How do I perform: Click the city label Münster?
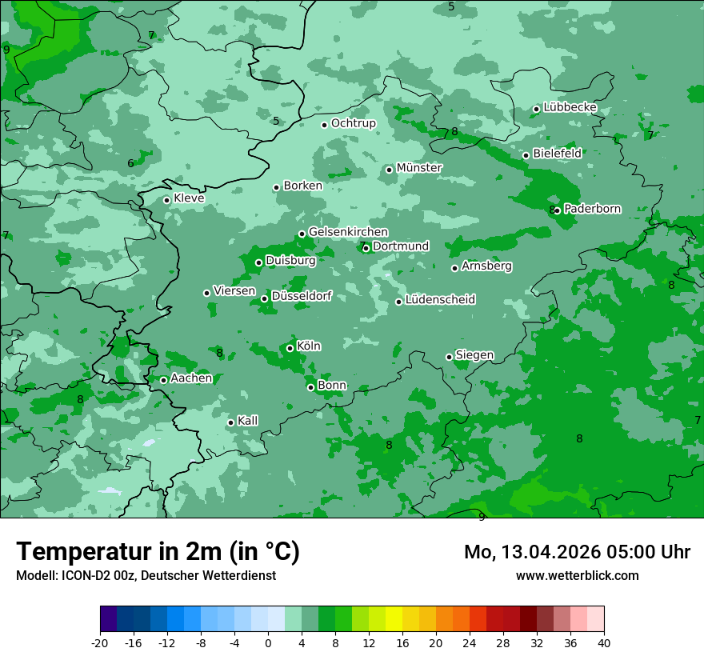(419, 168)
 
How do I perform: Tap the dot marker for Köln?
(290, 348)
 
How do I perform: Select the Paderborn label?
(592, 209)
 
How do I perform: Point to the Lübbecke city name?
(570, 107)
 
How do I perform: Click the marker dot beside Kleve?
(166, 200)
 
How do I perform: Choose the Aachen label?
(191, 378)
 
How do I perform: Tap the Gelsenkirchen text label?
(348, 232)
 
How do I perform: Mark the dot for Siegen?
(449, 357)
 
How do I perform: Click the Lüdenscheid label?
(440, 300)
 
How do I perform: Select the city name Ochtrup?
(353, 123)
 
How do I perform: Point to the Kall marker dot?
(230, 422)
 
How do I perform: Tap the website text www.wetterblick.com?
(577, 576)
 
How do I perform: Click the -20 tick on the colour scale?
(100, 642)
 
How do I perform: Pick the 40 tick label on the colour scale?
(604, 642)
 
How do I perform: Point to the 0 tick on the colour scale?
(268, 642)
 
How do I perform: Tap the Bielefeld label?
(557, 153)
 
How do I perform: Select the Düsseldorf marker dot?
(264, 298)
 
